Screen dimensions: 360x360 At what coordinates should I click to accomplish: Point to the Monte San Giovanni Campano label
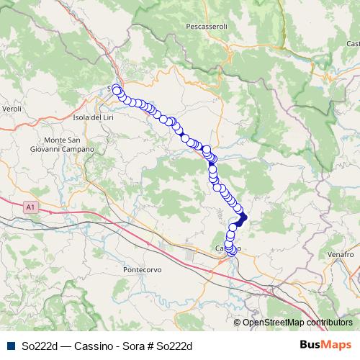click(70, 144)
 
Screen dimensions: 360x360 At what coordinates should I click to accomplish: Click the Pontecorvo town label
click(144, 269)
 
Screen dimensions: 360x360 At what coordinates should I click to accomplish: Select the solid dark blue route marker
click(241, 217)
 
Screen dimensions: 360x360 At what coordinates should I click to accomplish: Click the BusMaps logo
click(325, 346)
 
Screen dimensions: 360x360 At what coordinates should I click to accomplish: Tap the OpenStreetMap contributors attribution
click(297, 323)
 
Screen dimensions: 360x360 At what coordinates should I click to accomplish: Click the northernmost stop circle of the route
click(117, 89)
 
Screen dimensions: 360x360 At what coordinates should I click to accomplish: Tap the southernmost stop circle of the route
click(231, 251)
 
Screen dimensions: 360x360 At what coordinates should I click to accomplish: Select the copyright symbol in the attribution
click(238, 323)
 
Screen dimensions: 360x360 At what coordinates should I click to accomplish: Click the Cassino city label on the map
click(222, 248)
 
